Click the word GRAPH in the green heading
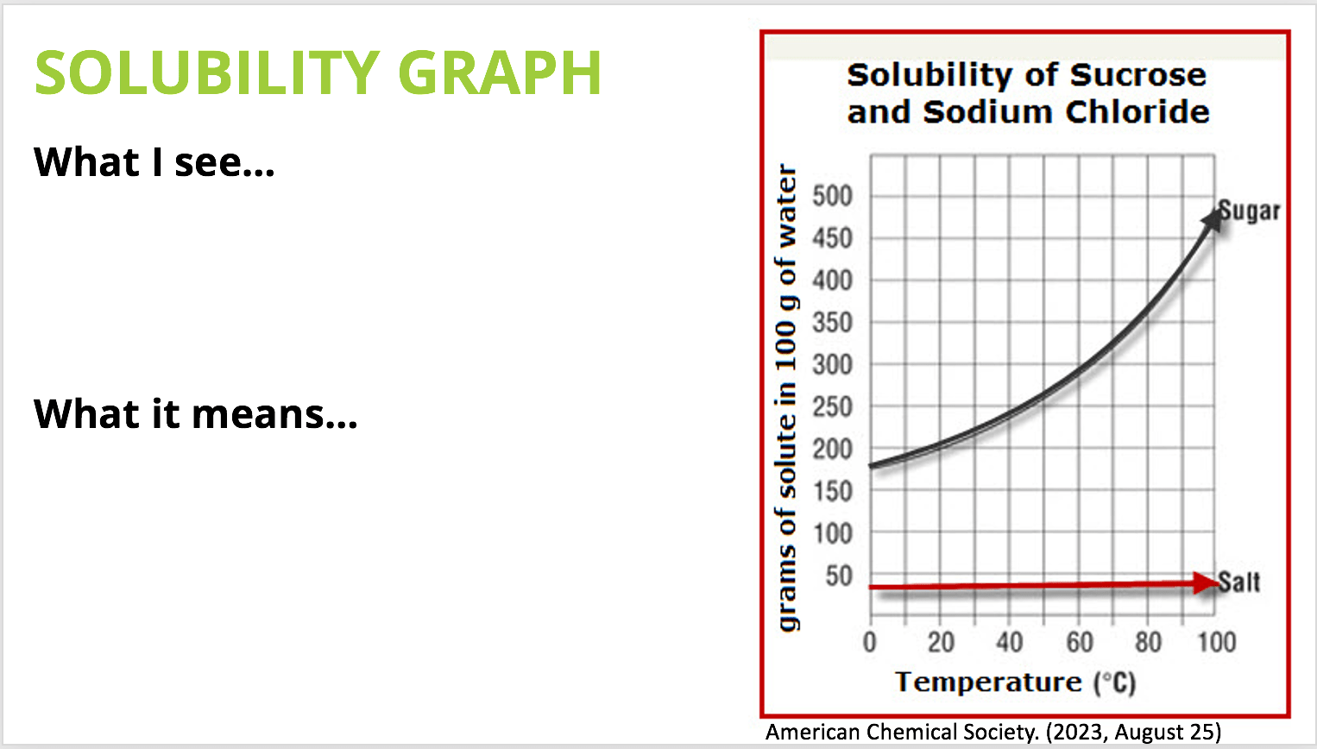(500, 72)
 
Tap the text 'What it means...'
(195, 413)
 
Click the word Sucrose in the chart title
(1138, 75)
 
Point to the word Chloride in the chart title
(1137, 111)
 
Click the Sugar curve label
(1249, 211)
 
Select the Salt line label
(1238, 582)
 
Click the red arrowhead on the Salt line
(1206, 582)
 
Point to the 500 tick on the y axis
(832, 196)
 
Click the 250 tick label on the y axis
(832, 406)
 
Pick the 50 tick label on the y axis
(839, 576)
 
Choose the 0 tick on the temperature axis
(870, 642)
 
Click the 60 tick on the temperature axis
(1080, 642)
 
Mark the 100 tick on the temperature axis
(1217, 642)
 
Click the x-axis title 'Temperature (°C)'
(1016, 683)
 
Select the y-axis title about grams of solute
(787, 398)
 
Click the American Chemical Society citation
(993, 732)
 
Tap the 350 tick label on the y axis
(832, 323)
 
